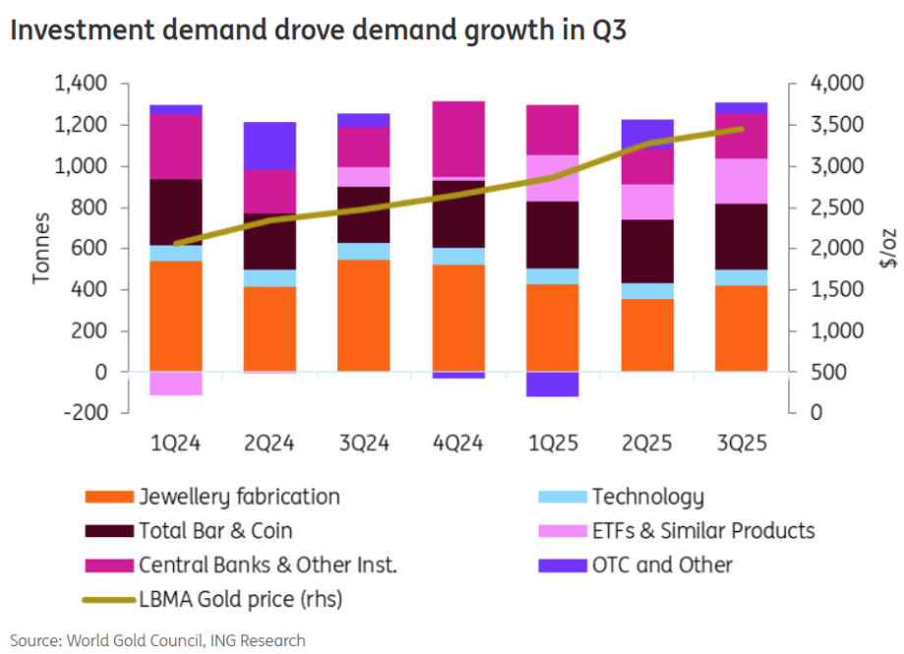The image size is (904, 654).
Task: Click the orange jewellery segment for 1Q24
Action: click(176, 317)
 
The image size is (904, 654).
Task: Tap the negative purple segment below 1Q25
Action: click(551, 385)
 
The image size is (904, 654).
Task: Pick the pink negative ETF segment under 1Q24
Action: click(176, 384)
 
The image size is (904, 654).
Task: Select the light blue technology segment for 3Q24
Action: click(364, 251)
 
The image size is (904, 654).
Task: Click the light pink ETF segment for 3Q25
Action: click(741, 181)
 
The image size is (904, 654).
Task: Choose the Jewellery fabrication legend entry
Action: click(239, 497)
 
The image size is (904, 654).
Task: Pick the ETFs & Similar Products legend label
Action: click(702, 531)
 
